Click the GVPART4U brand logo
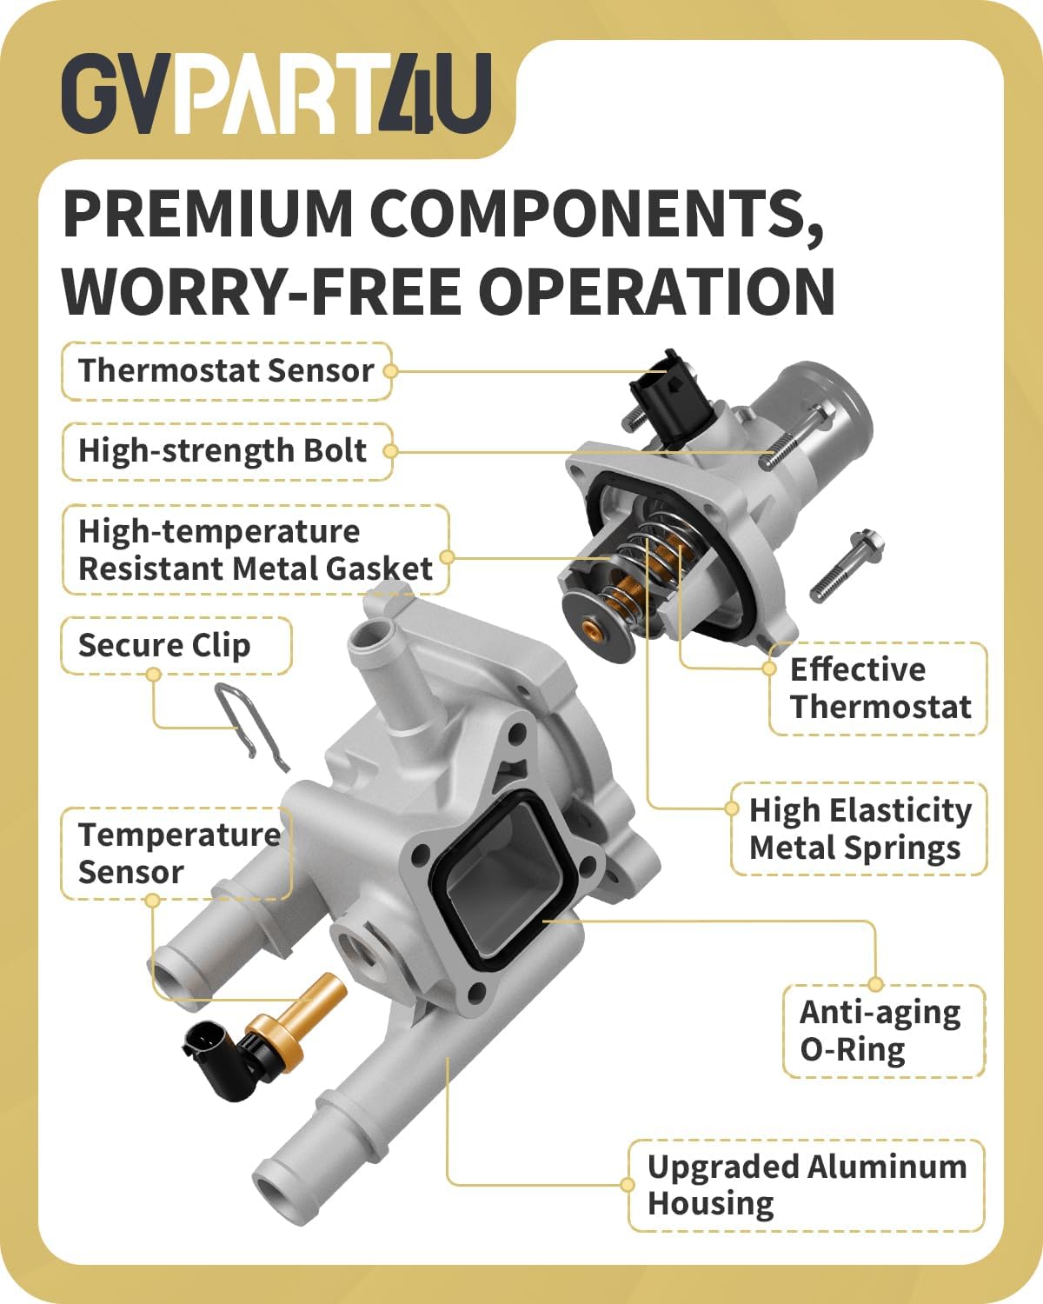tap(276, 93)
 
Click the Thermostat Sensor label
tap(226, 370)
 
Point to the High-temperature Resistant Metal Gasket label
tap(256, 549)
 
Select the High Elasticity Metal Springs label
tap(860, 828)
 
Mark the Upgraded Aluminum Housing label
tap(807, 1185)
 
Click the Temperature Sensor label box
tap(176, 854)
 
